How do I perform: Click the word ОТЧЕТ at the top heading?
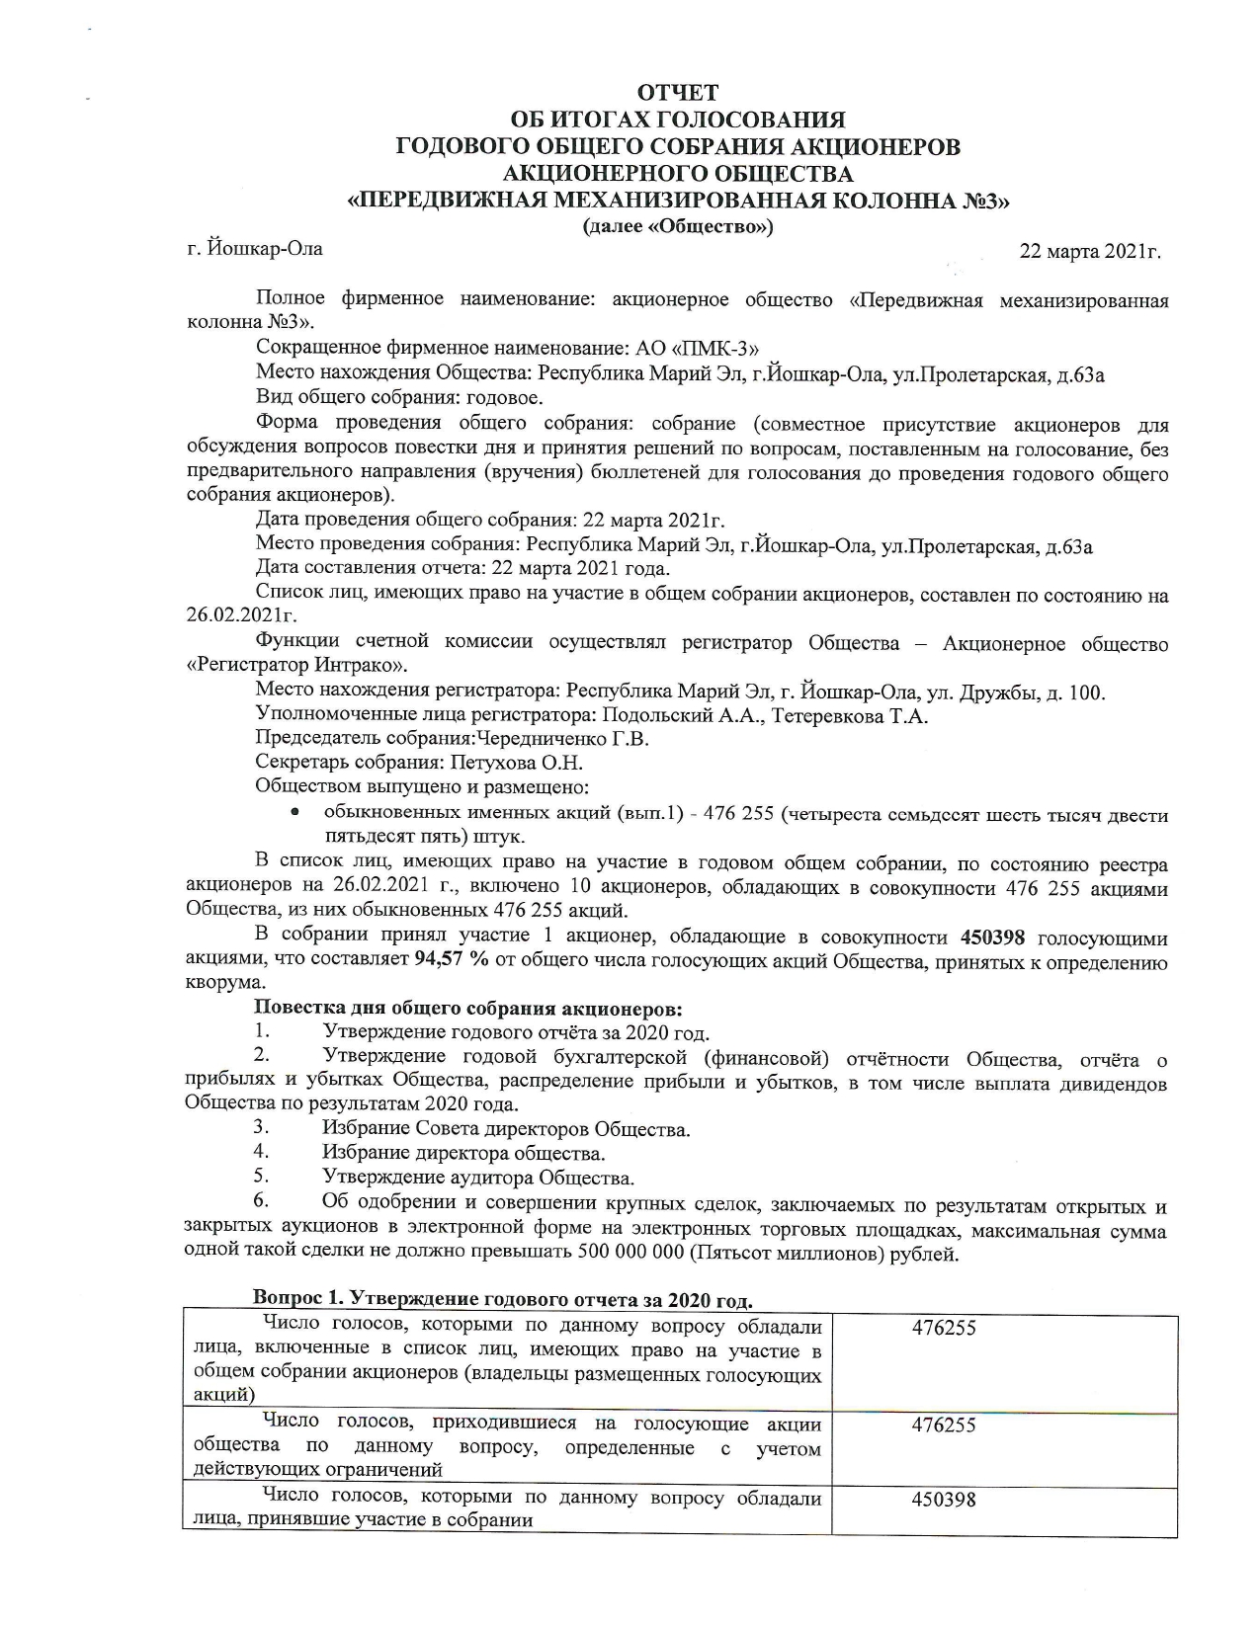678,93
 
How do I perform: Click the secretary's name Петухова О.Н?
517,764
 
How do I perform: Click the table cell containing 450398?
944,1501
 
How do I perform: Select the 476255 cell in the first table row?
944,1329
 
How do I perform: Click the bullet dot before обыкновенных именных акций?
294,815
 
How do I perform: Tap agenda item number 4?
261,1152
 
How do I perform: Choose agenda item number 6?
261,1201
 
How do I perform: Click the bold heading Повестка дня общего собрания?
468,1009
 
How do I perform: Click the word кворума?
225,984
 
